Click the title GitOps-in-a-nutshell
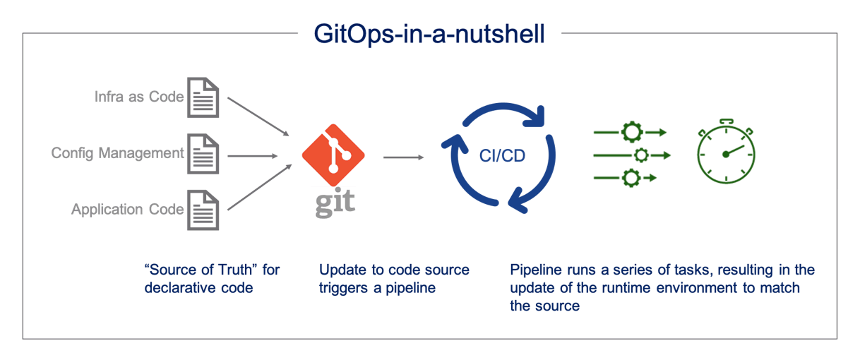[x=429, y=34]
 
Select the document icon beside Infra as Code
[x=203, y=97]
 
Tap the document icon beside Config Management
[x=203, y=153]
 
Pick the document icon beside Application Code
[x=203, y=210]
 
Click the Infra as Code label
[x=139, y=97]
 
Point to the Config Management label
[x=117, y=153]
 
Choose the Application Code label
[x=127, y=210]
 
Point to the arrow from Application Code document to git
[x=258, y=188]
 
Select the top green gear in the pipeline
[x=630, y=132]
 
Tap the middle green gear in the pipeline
[x=641, y=155]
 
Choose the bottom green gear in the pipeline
[x=630, y=178]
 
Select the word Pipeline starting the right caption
[x=534, y=270]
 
